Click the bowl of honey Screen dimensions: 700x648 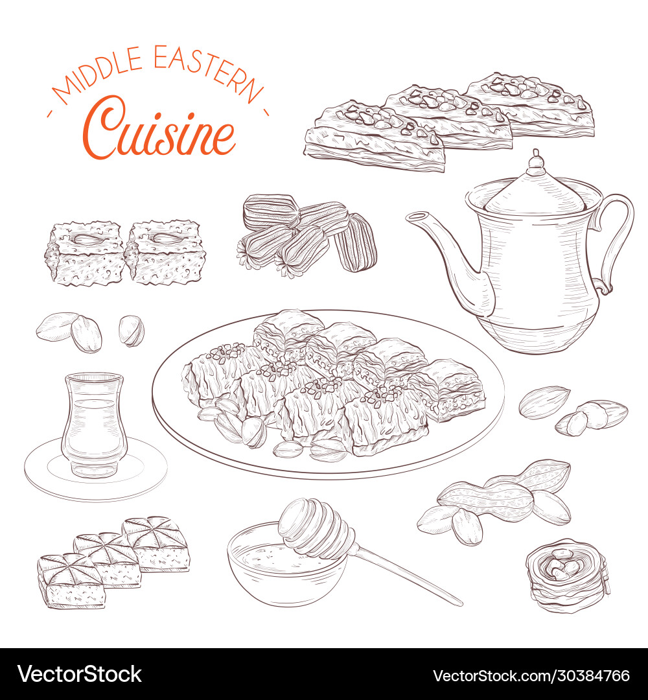coord(285,570)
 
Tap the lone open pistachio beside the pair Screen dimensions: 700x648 coord(131,331)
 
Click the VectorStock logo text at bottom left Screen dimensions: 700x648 coord(79,674)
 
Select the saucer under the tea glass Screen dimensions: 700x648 coord(95,470)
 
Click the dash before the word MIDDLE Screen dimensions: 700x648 coord(51,114)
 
